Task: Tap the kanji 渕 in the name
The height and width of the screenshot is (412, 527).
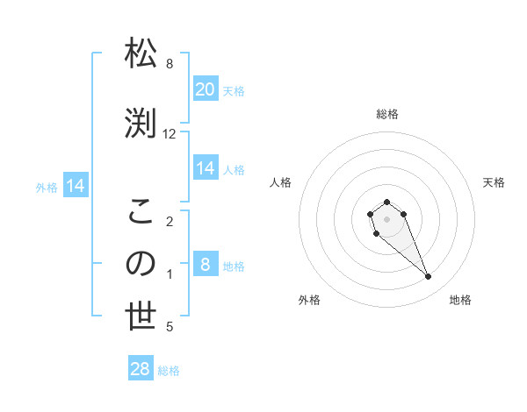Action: pos(141,122)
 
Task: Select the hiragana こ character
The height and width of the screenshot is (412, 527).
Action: pos(141,211)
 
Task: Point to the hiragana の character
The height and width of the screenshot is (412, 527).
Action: pos(141,263)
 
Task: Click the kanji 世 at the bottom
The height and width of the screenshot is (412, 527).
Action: pos(141,316)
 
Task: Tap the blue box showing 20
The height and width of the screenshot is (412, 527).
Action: pos(205,89)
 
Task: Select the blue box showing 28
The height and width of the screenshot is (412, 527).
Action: pos(141,369)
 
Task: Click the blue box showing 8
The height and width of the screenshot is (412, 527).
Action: pos(205,265)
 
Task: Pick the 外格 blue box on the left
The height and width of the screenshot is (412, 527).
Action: pos(76,186)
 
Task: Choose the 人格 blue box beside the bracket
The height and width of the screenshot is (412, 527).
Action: pos(205,168)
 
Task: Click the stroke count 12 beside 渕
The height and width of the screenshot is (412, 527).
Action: pos(170,134)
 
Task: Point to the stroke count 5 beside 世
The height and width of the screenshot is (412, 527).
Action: pos(170,328)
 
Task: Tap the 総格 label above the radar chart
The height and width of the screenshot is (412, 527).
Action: pos(386,114)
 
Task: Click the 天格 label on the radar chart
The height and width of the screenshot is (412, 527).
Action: pos(494,182)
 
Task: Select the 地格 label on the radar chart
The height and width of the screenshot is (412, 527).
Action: pos(460,300)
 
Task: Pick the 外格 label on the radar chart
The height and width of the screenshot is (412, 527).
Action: pos(309,300)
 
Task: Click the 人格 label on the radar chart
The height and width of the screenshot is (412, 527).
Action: pos(280,182)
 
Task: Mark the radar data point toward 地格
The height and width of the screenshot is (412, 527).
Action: pos(428,277)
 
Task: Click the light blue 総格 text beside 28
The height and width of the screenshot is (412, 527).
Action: pos(169,371)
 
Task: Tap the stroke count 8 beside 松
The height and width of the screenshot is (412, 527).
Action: pos(170,64)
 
